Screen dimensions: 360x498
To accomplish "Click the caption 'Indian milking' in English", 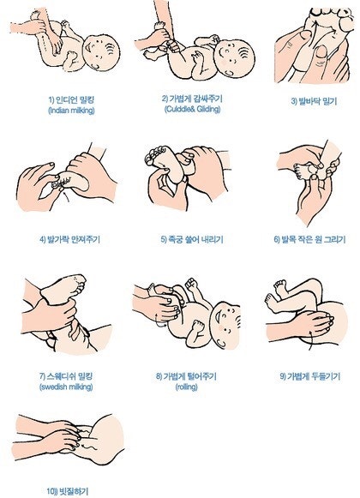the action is [71, 111].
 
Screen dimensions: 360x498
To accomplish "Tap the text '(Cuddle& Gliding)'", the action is [192, 109].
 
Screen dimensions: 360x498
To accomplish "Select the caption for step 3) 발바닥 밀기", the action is [314, 102].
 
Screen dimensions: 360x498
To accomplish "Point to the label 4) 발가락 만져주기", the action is [70, 239].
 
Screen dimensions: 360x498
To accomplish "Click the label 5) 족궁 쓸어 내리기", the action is [192, 239].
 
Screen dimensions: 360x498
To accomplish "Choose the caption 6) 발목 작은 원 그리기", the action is [309, 239].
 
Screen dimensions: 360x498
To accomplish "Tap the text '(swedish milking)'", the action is [66, 387].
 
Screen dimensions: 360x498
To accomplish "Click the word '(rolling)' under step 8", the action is [187, 387].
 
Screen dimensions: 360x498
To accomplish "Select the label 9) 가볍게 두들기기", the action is [309, 376].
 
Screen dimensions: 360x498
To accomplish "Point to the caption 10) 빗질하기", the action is [68, 491].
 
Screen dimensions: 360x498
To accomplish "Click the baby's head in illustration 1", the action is [101, 52].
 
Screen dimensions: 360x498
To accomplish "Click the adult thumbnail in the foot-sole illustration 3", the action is [321, 51].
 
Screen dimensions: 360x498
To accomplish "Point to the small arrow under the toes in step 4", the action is [66, 196].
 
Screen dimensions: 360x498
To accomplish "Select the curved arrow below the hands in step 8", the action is [160, 321].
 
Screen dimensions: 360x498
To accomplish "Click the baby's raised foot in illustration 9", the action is [280, 287].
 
